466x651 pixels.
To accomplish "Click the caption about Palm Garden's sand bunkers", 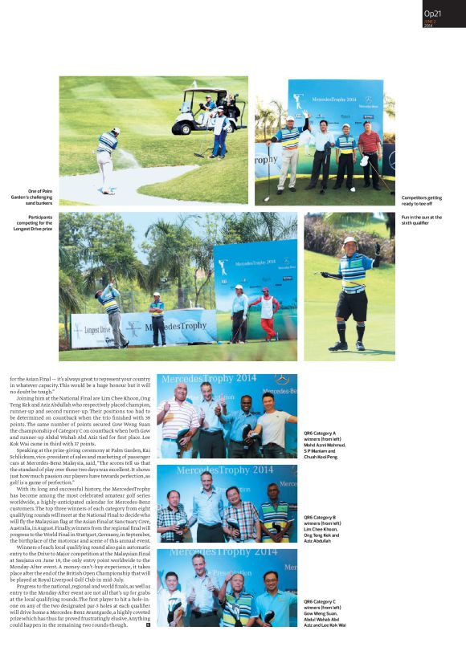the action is click(35, 196).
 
